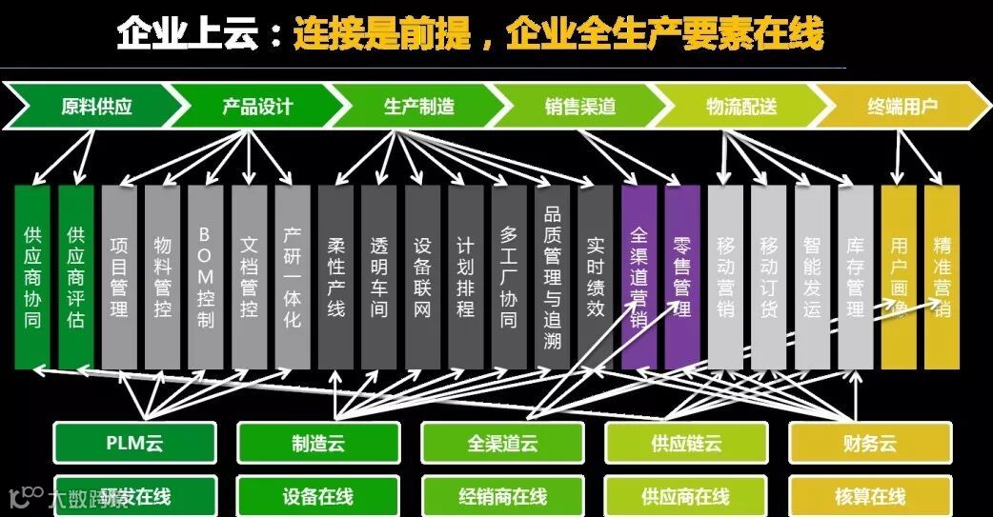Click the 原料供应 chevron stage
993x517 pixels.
click(x=95, y=106)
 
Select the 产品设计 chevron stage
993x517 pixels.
click(x=256, y=106)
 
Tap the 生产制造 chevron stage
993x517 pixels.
click(x=418, y=106)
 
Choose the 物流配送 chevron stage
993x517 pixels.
click(x=741, y=106)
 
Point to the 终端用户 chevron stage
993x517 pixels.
click(x=902, y=106)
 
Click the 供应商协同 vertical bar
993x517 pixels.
click(x=32, y=276)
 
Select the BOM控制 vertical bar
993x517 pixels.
click(x=205, y=276)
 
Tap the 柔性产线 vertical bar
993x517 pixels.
click(x=335, y=276)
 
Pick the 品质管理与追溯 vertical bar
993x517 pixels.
click(x=552, y=276)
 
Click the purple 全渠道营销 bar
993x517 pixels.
click(x=638, y=276)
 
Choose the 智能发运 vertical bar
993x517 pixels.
click(x=812, y=276)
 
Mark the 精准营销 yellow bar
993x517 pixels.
click(x=942, y=276)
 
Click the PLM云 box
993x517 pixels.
click(x=133, y=444)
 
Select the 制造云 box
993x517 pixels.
click(x=318, y=444)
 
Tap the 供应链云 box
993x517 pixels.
click(x=686, y=444)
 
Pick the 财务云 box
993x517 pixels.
click(x=869, y=444)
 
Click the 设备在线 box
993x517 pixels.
click(x=318, y=496)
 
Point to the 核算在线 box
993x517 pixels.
click(x=869, y=496)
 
